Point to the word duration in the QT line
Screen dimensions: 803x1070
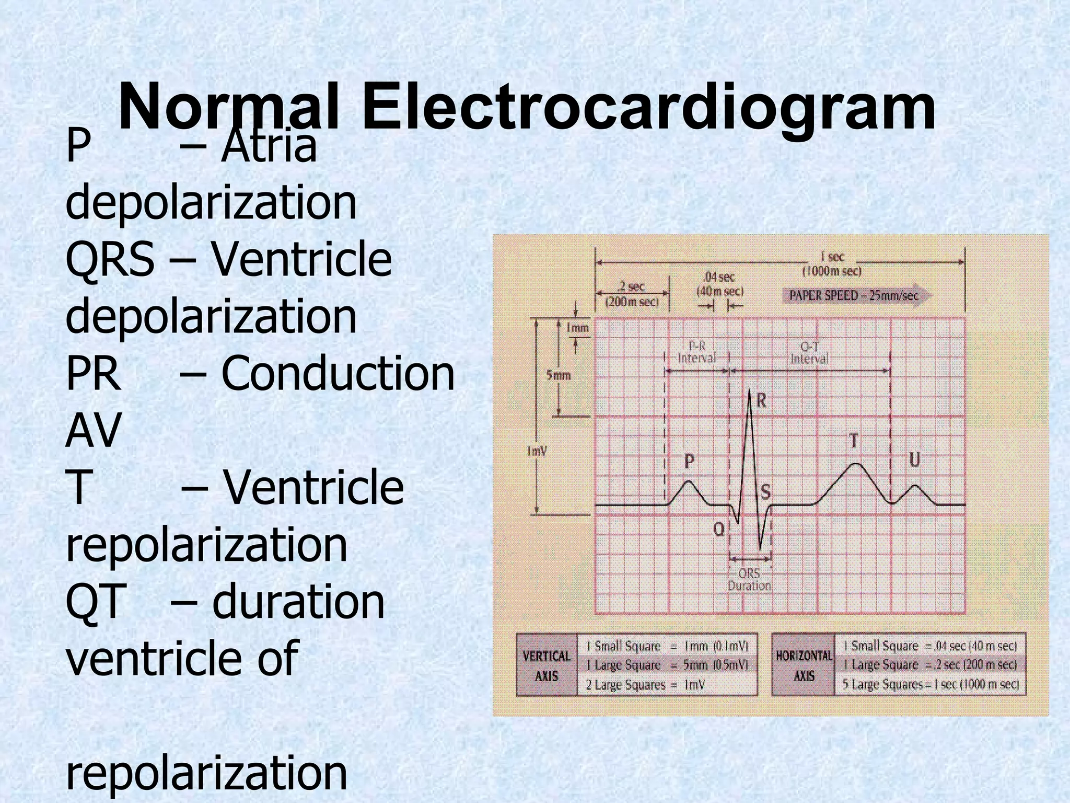(x=298, y=601)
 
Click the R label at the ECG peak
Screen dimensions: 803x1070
(x=761, y=401)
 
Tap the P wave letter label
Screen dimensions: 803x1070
(x=689, y=461)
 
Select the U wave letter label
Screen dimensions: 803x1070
(x=914, y=460)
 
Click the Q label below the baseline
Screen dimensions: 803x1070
(x=719, y=530)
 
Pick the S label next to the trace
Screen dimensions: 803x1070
(x=765, y=492)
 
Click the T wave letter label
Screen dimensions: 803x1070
(x=853, y=441)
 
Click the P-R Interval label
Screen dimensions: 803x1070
(x=696, y=352)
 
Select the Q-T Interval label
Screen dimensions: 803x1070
(x=809, y=353)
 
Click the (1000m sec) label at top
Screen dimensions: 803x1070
(x=832, y=271)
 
